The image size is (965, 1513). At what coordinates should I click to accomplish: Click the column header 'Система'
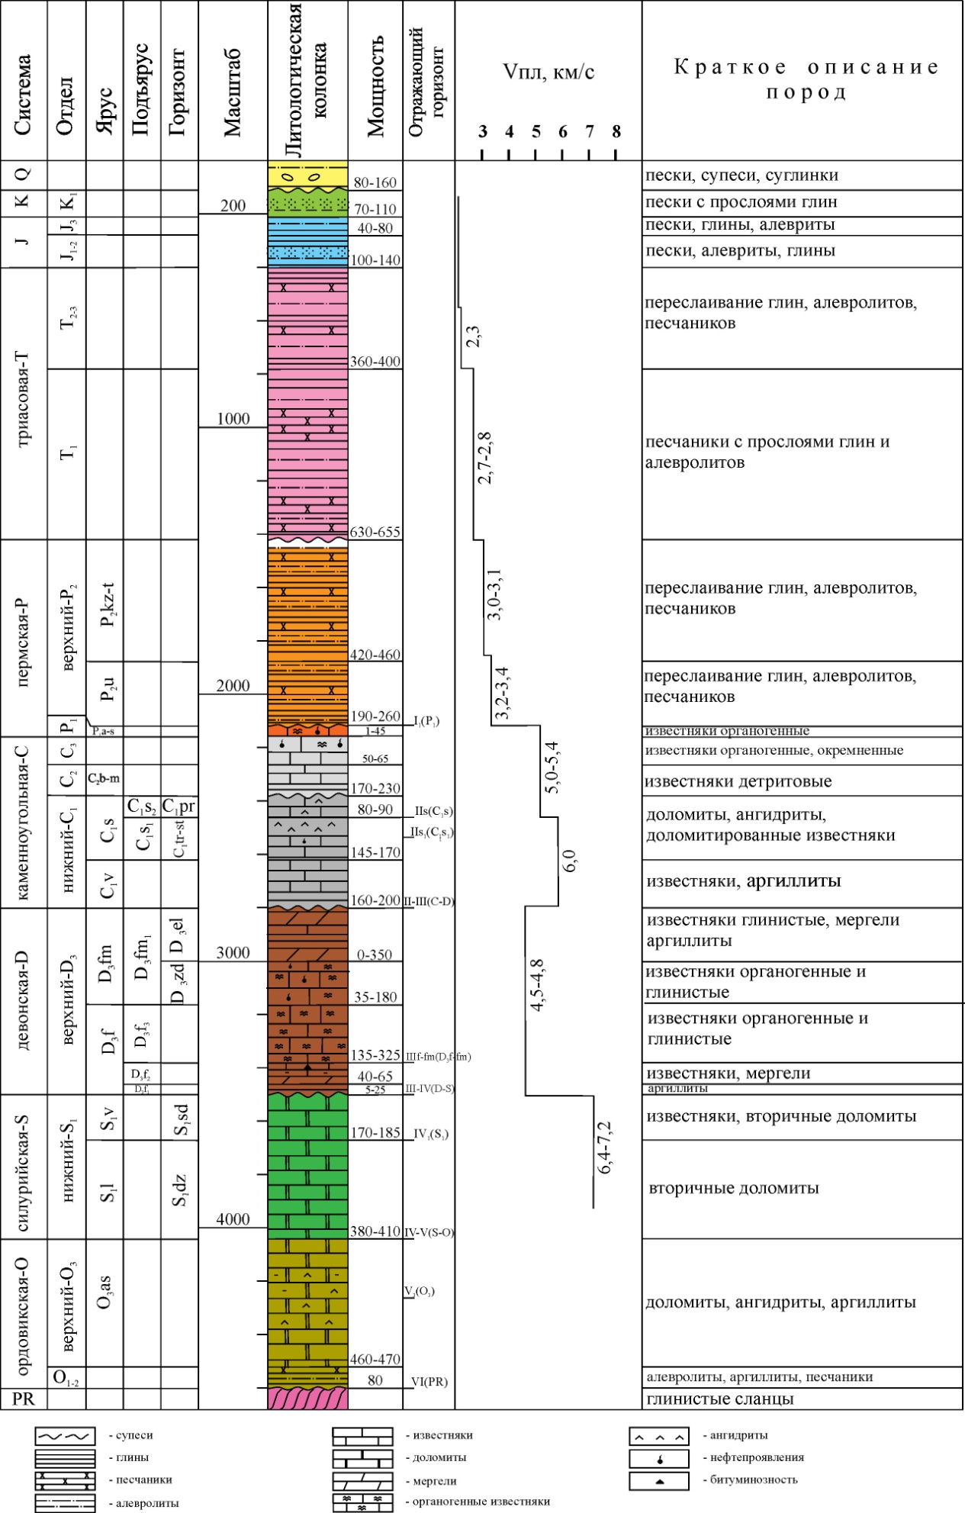pos(23,95)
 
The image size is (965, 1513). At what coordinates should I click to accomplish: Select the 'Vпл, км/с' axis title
pos(548,72)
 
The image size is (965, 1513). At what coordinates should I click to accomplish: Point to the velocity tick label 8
pos(616,132)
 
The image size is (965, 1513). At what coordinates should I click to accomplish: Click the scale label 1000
pos(233,419)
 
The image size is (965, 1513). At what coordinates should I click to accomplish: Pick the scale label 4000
pos(233,1218)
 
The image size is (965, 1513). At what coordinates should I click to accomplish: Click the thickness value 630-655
pos(375,532)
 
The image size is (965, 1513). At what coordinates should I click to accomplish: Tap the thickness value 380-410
pos(375,1231)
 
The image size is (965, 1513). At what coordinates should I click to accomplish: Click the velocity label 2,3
pos(474,336)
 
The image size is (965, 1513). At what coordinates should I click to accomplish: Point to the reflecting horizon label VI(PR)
pos(429,1381)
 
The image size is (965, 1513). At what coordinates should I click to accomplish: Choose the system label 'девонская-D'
pos(23,1000)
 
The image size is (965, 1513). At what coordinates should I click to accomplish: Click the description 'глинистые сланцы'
pos(720,1399)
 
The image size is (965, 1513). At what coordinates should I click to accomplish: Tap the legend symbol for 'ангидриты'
pos(659,1437)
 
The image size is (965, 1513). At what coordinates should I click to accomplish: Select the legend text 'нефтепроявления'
pos(757,1457)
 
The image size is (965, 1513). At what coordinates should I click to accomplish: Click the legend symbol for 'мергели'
pos(362,1481)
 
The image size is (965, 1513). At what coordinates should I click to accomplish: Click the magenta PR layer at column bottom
pos(307,1398)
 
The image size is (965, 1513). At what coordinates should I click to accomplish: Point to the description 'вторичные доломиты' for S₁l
pos(733,1188)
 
